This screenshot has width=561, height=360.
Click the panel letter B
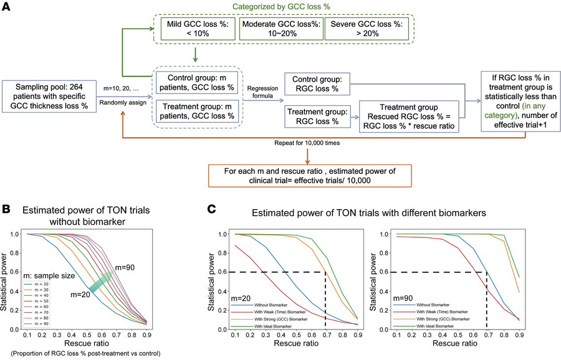[7, 202]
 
